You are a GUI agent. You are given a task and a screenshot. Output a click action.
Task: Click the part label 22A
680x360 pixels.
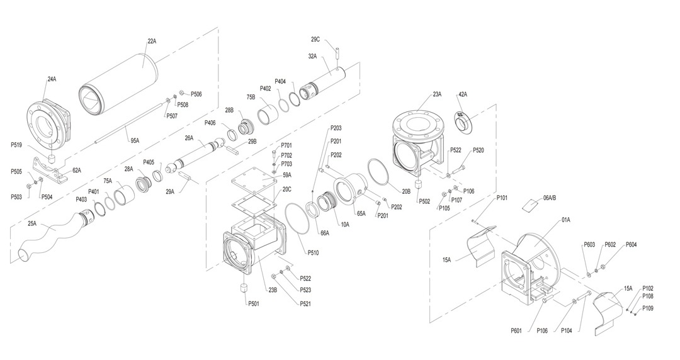(x=152, y=42)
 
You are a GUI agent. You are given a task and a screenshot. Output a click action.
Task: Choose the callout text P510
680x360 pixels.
(x=313, y=253)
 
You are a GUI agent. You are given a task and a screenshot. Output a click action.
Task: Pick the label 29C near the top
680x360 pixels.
(x=315, y=40)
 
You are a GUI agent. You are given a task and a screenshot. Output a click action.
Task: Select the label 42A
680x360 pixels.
(x=463, y=94)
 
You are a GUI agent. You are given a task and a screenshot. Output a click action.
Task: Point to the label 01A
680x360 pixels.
(x=565, y=220)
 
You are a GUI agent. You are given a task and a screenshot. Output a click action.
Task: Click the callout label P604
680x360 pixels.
(x=631, y=245)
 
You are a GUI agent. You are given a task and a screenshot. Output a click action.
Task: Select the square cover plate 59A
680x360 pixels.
(x=254, y=181)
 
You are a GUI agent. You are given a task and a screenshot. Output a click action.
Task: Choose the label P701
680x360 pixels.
(x=286, y=145)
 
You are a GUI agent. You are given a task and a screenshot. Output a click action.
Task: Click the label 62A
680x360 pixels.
(x=77, y=170)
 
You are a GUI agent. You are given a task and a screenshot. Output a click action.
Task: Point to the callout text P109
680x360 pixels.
(x=648, y=308)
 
